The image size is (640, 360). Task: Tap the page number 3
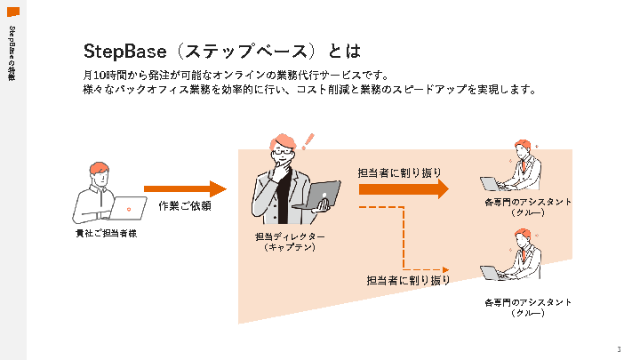pyautogui.click(x=618, y=348)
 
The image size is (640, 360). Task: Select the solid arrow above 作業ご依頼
pyautogui.click(x=186, y=188)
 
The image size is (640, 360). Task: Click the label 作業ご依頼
pyautogui.click(x=184, y=206)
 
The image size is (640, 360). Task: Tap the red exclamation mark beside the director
pyautogui.click(x=308, y=140)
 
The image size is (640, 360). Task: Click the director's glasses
pyautogui.click(x=282, y=153)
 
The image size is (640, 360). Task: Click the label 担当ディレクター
pyautogui.click(x=290, y=236)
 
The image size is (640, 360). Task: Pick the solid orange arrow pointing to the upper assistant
pyautogui.click(x=404, y=188)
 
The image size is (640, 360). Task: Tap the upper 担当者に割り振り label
pyautogui.click(x=399, y=172)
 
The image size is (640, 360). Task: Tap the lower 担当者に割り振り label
pyautogui.click(x=409, y=281)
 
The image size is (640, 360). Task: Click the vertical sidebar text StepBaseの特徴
pyautogui.click(x=12, y=53)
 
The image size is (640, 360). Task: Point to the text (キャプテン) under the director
pyautogui.click(x=290, y=247)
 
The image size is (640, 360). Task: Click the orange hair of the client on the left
pyautogui.click(x=98, y=167)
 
